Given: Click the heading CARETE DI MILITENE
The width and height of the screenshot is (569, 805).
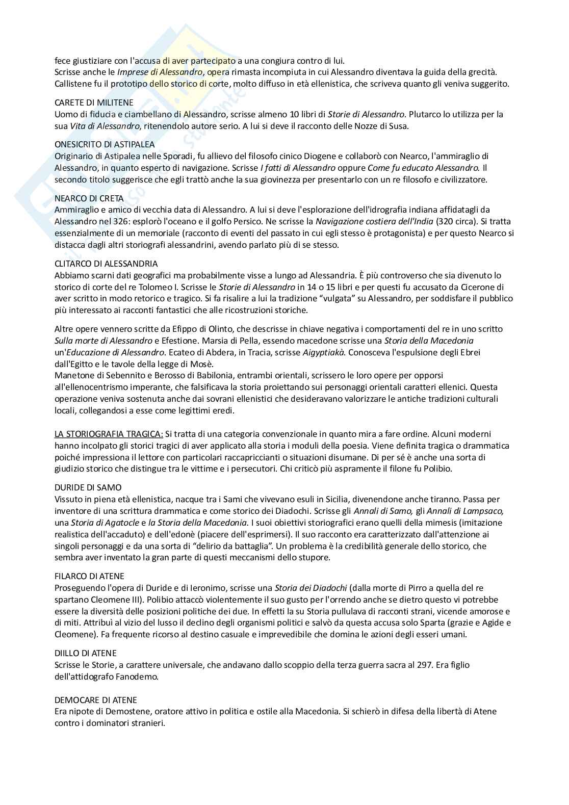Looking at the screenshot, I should point(91,103).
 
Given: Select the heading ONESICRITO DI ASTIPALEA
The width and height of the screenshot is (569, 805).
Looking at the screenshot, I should point(105,145).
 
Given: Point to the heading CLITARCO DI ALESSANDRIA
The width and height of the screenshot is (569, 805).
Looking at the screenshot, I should point(106,264).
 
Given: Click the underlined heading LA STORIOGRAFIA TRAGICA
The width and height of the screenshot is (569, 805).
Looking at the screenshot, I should point(109,434).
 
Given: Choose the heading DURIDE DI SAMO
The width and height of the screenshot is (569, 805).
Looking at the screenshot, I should point(88,487).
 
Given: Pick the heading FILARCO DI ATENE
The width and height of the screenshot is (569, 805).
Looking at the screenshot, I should point(89,576).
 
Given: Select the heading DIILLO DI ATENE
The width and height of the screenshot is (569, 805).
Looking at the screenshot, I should point(85,653).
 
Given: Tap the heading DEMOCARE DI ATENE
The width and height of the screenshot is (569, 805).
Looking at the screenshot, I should point(95,700).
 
